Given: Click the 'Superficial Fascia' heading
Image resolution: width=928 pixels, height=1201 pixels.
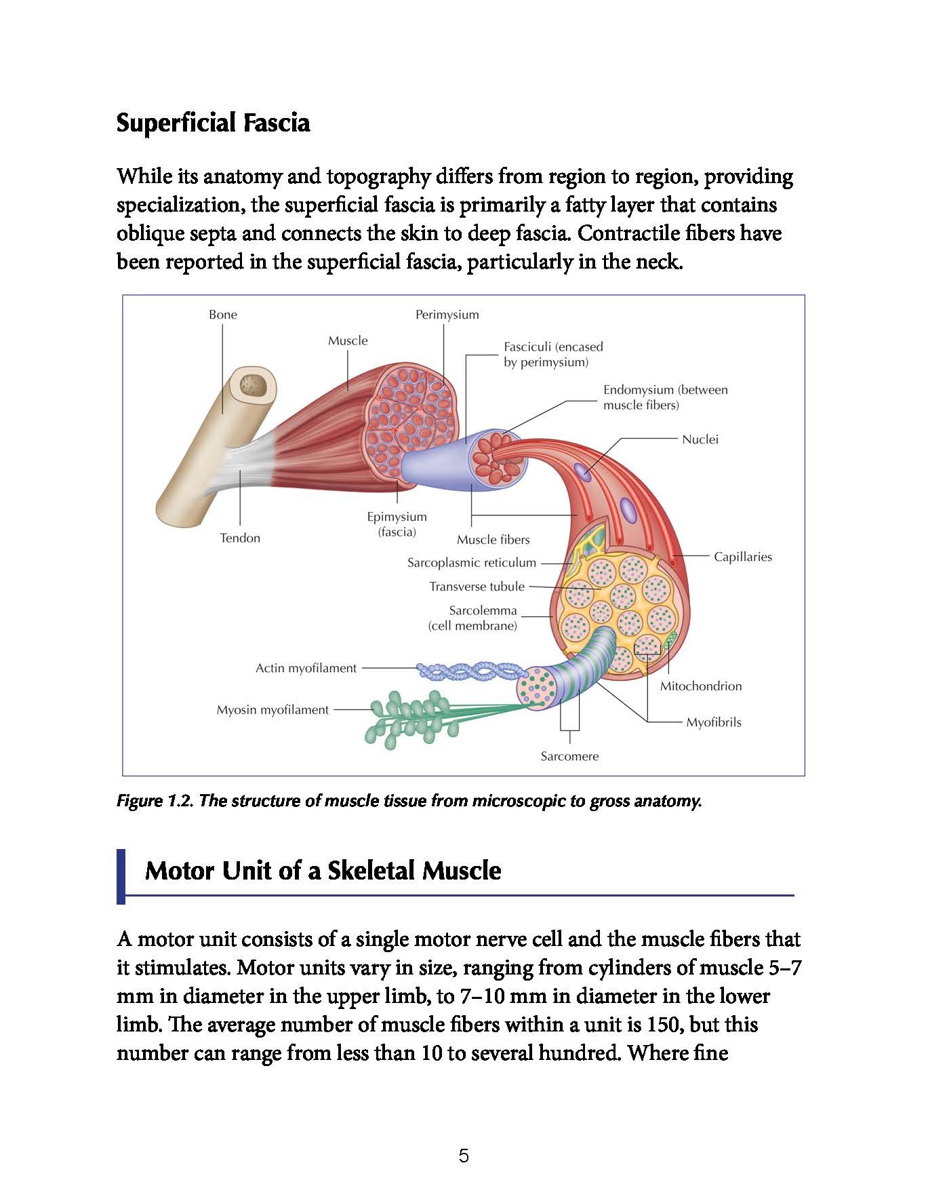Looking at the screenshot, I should (213, 123).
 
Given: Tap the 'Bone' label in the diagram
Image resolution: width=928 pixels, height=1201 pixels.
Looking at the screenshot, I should (222, 315).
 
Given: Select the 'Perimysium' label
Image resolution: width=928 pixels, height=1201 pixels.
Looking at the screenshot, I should (447, 315).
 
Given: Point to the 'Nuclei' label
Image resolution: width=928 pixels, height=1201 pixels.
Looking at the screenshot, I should (700, 439).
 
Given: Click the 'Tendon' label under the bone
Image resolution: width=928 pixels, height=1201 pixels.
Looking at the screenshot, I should (240, 538).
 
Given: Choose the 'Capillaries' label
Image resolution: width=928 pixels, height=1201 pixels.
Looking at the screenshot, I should (742, 557).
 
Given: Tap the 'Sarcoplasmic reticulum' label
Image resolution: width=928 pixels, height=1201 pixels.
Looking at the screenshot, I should (471, 563).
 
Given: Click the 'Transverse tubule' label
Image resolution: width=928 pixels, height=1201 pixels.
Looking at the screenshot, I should (477, 587).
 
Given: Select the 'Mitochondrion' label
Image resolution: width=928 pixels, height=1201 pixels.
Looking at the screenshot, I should (700, 686).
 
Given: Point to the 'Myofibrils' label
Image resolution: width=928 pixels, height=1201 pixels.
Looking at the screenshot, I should (713, 722).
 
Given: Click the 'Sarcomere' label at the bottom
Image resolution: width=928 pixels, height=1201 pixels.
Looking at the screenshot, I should (569, 756).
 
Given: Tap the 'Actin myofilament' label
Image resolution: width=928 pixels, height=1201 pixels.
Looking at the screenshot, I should (306, 668).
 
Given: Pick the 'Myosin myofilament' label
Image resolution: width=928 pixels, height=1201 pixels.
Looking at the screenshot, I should (273, 710).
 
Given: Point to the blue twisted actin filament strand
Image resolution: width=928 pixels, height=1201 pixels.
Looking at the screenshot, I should (471, 671).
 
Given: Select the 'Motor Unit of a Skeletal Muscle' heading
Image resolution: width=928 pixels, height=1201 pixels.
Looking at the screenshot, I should (323, 871).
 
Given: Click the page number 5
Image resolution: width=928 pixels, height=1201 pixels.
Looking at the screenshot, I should (464, 1156).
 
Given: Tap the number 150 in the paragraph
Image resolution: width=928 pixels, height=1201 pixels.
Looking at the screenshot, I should (664, 1025).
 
